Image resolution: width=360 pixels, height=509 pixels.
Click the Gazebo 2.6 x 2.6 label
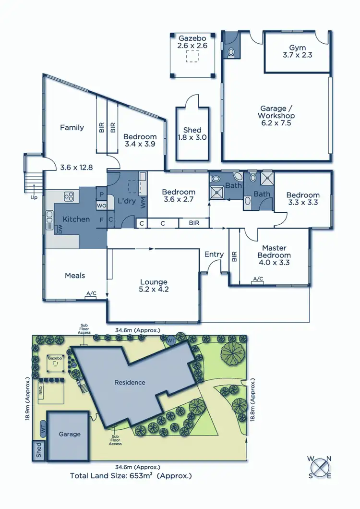click(x=192, y=42)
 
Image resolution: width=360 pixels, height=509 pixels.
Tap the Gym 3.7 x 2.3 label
click(x=300, y=51)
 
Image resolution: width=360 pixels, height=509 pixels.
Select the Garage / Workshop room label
click(x=276, y=116)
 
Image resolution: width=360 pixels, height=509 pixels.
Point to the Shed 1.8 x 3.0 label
click(x=192, y=134)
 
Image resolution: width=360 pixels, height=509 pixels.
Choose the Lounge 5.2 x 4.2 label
click(x=154, y=286)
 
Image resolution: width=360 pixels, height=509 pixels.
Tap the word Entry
click(x=214, y=254)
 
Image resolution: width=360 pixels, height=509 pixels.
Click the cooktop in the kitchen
click(x=69, y=196)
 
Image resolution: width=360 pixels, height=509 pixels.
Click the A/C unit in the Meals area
click(x=91, y=293)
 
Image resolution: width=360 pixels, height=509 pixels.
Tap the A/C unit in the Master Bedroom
click(x=258, y=279)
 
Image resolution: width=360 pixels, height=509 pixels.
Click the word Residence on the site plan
click(x=130, y=383)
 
